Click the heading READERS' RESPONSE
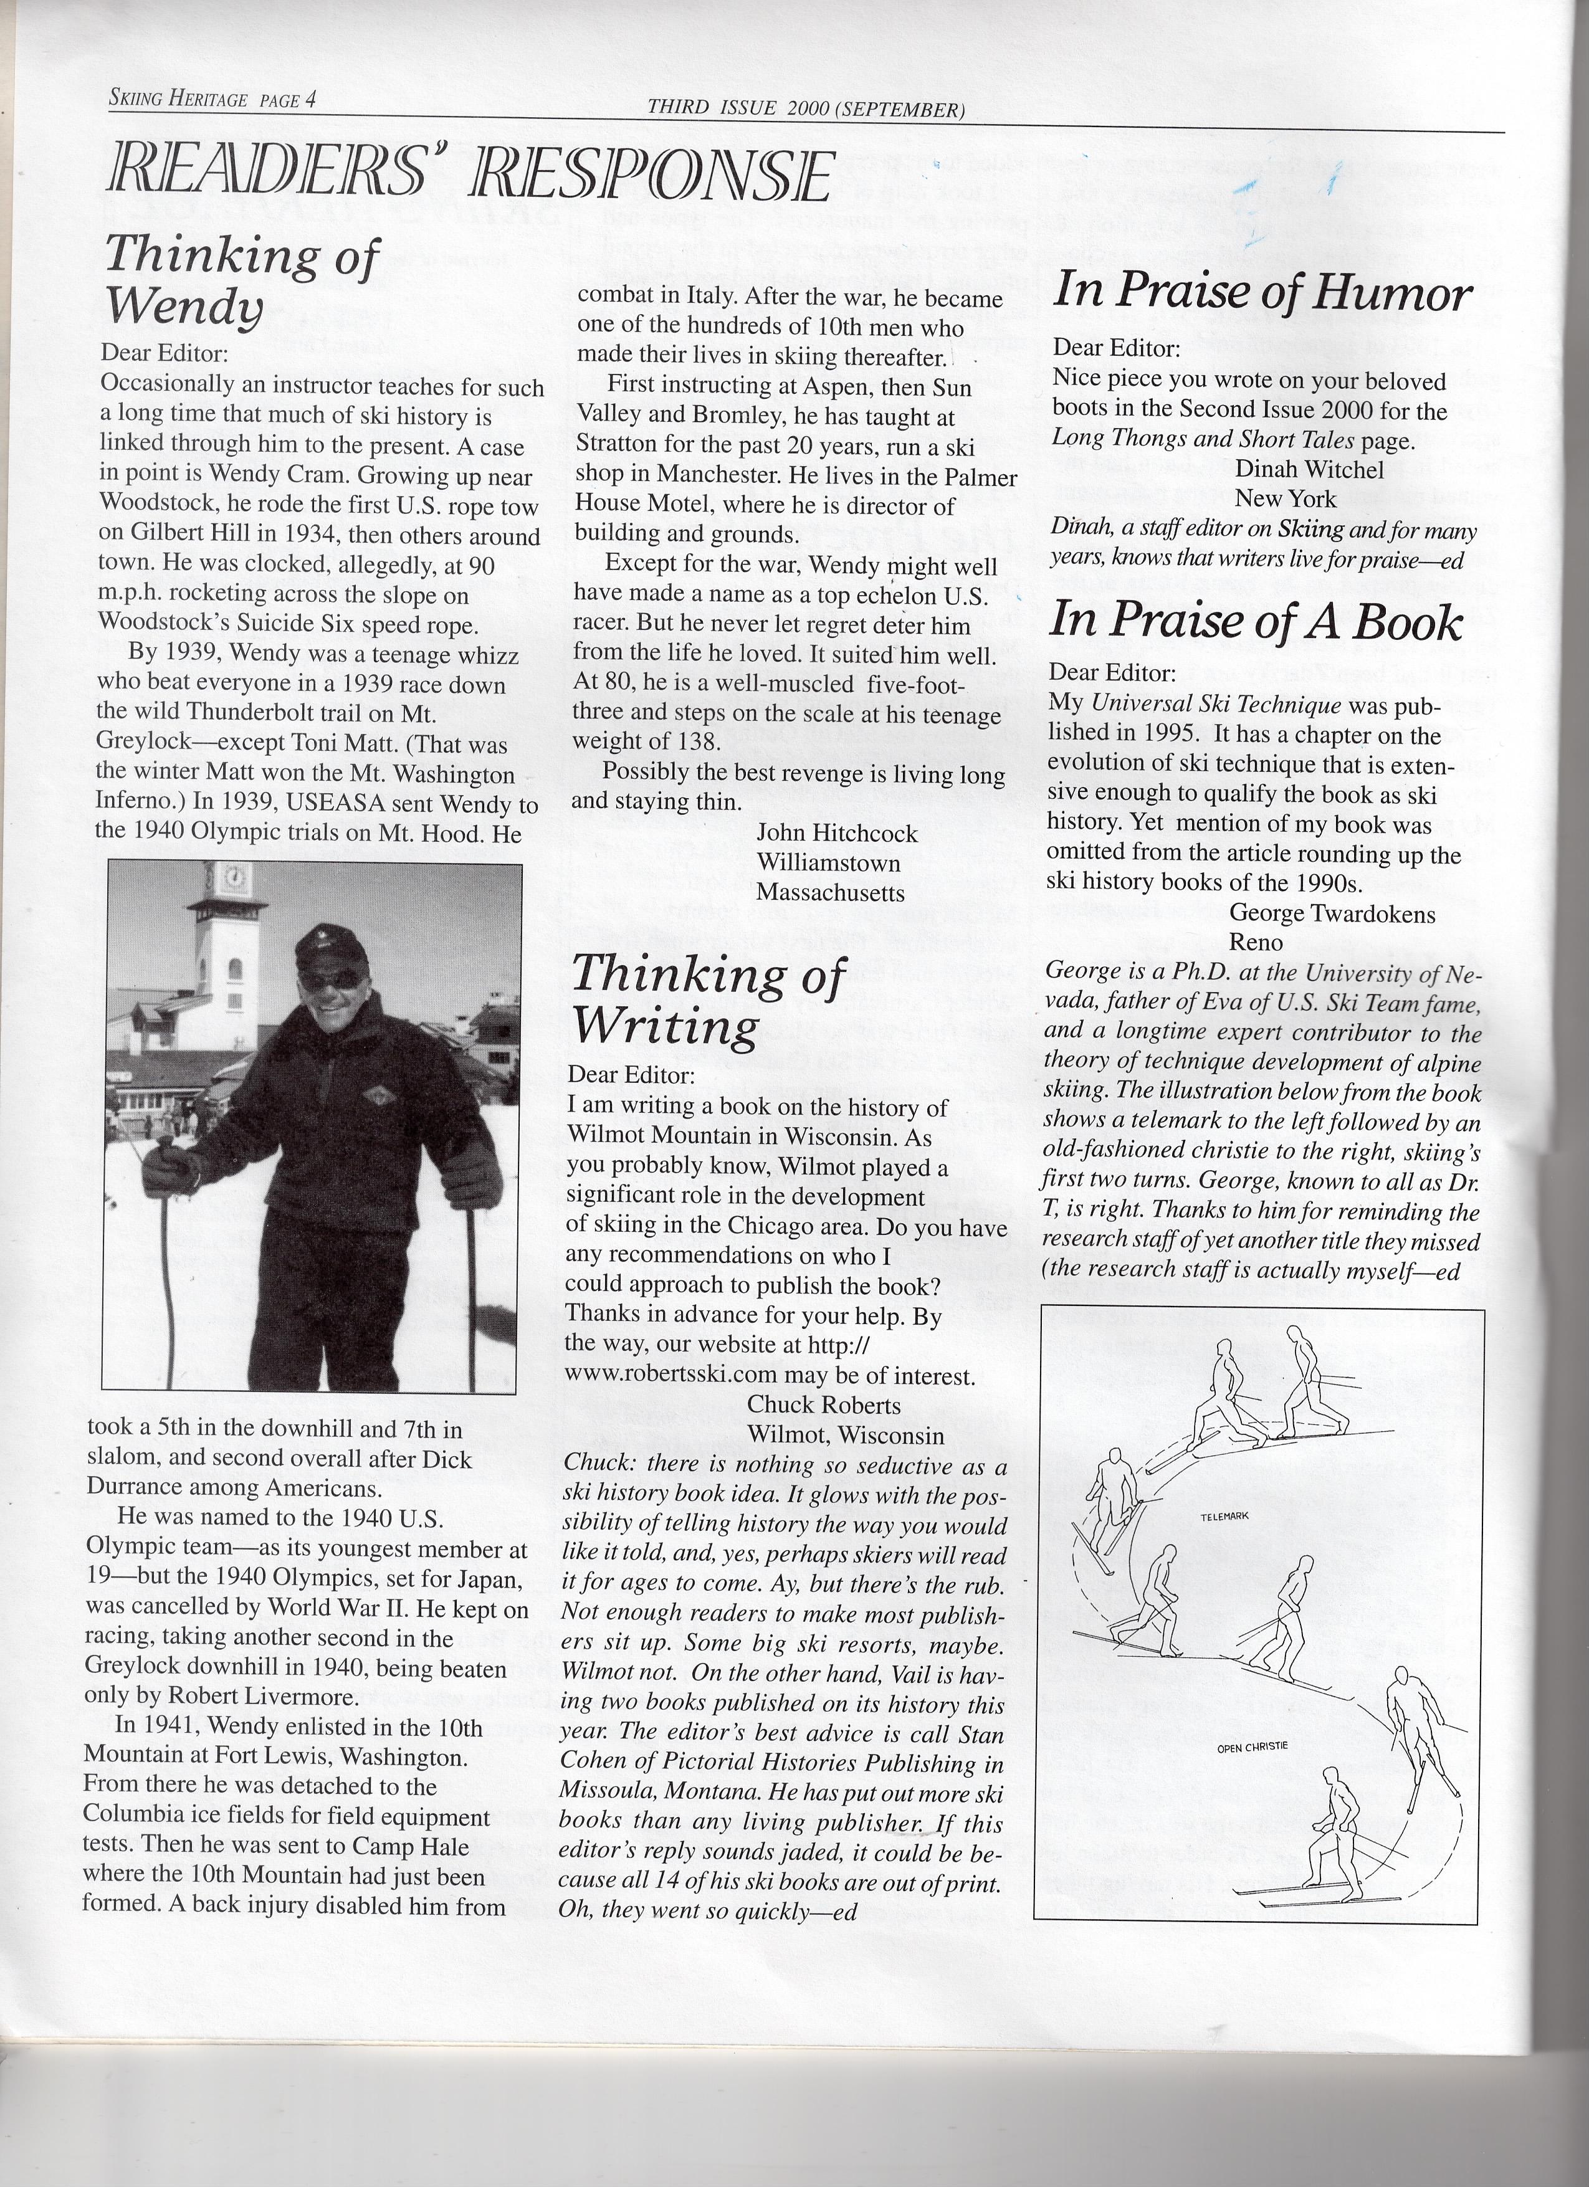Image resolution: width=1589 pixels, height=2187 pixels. tap(470, 176)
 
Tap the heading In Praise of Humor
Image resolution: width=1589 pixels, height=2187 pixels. tap(1261, 291)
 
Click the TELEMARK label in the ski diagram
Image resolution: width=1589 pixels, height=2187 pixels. tap(1224, 1517)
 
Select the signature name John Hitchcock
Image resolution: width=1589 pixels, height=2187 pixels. tap(836, 833)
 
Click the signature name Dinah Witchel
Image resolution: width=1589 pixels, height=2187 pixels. tap(1309, 470)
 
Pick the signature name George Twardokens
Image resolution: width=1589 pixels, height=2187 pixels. tap(1332, 913)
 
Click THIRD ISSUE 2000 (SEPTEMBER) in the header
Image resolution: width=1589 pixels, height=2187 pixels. tap(806, 108)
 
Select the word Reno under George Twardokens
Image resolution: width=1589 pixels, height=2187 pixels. tap(1256, 942)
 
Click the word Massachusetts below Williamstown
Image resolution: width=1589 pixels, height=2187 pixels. tap(830, 893)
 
